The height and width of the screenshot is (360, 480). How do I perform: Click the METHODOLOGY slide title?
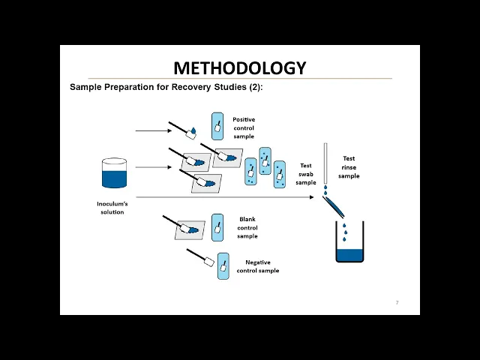click(x=240, y=67)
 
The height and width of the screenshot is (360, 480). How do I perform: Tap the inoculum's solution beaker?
click(x=114, y=173)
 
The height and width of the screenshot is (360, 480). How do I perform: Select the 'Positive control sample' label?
click(x=244, y=127)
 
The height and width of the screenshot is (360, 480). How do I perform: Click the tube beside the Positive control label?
click(x=217, y=127)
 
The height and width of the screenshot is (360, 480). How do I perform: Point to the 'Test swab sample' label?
click(x=306, y=173)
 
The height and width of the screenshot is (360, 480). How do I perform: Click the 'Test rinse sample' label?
click(x=349, y=167)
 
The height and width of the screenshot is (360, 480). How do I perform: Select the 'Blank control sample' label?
click(x=247, y=227)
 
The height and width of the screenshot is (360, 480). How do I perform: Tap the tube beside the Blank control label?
click(x=217, y=226)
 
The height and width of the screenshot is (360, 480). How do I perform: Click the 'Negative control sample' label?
click(x=257, y=266)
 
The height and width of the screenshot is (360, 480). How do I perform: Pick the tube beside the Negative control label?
click(x=223, y=266)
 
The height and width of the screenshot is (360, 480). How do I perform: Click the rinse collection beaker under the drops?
click(x=349, y=244)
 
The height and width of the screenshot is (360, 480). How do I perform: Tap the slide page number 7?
click(x=397, y=302)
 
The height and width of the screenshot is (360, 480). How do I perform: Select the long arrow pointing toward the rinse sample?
click(x=225, y=197)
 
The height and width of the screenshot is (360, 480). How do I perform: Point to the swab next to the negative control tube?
click(x=201, y=258)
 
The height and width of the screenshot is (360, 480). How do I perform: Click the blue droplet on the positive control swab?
click(x=193, y=131)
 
